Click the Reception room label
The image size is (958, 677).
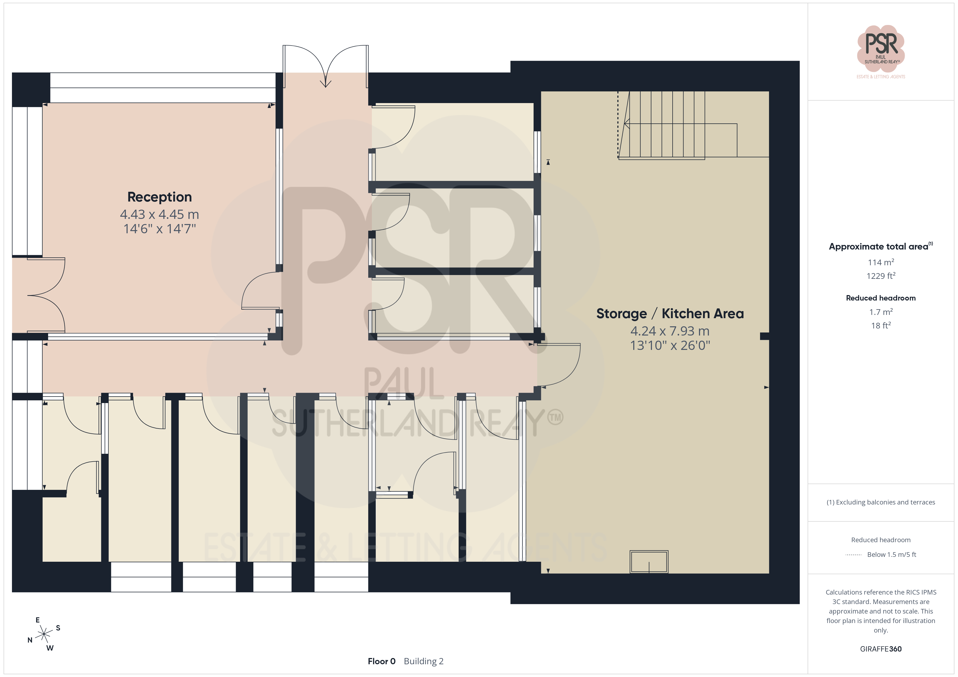tap(159, 197)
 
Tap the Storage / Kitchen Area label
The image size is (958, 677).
tap(670, 314)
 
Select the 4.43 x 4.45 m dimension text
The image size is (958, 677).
tap(159, 214)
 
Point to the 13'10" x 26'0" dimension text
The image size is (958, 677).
tap(670, 345)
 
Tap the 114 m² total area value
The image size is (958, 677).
tap(881, 262)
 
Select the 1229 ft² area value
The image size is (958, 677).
tap(881, 276)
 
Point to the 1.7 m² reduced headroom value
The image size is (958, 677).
tap(881, 312)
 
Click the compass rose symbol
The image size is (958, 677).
tap(44, 634)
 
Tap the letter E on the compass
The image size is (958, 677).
tap(37, 620)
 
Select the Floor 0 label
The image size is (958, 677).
tap(381, 662)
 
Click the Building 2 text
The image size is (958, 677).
tap(424, 662)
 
